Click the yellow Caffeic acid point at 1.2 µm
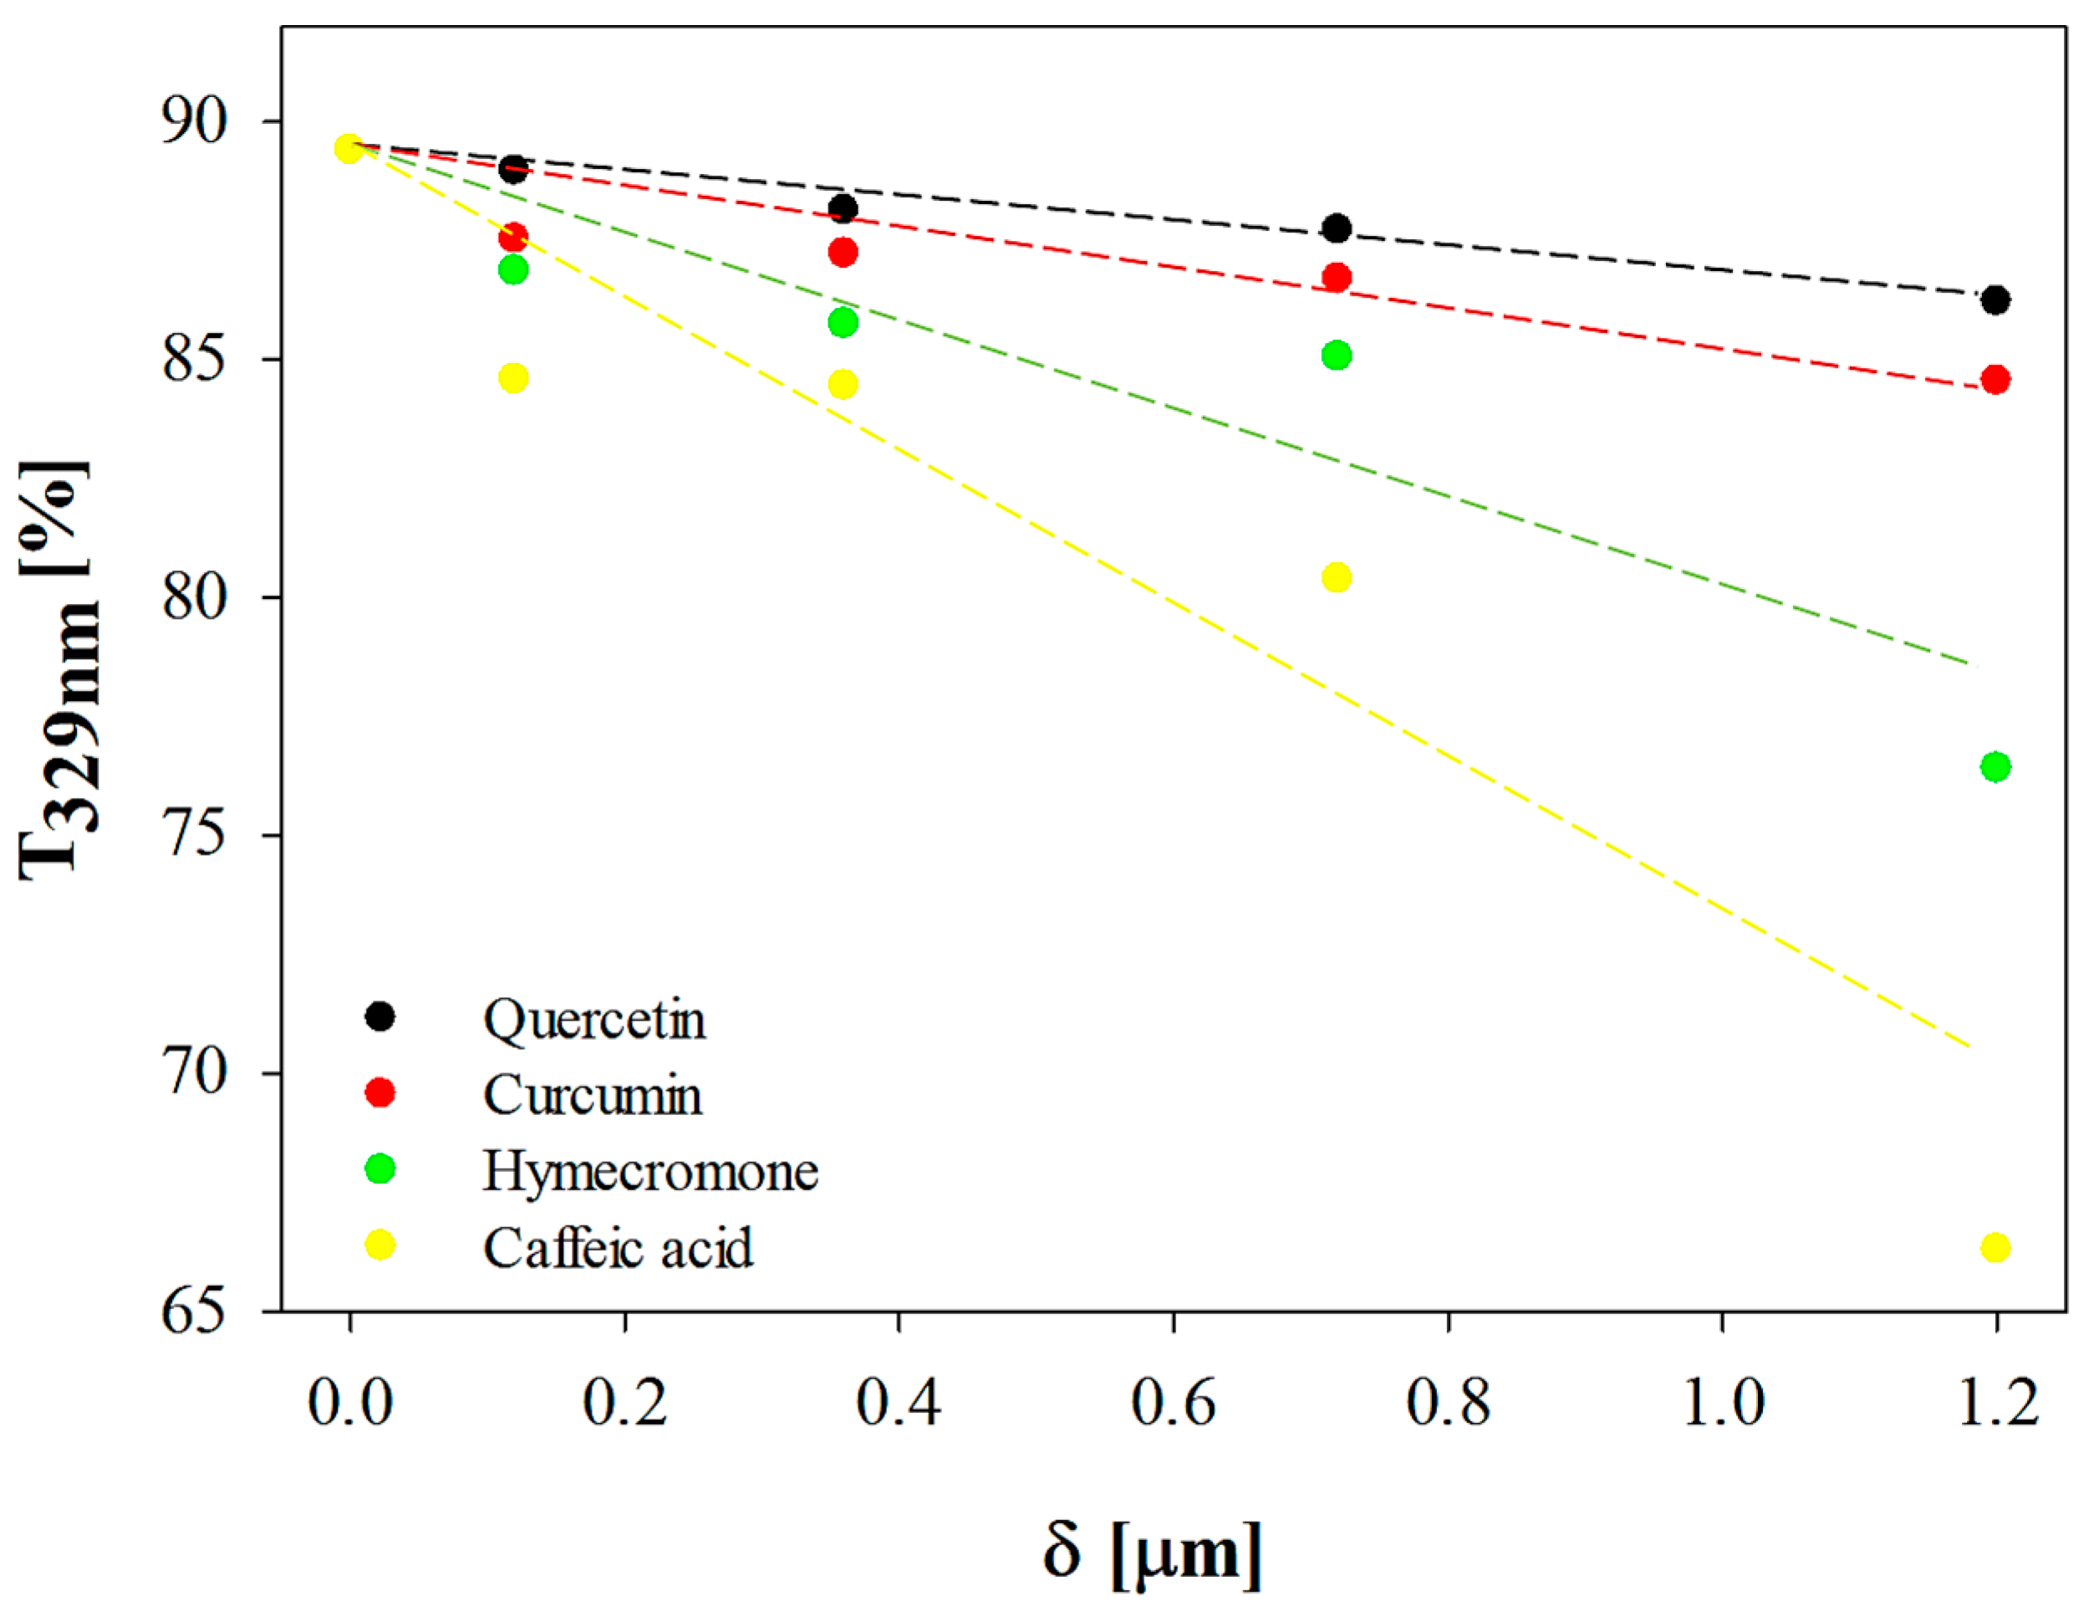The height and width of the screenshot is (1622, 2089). (x=1995, y=1248)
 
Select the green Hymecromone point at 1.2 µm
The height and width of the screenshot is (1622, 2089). (x=1995, y=766)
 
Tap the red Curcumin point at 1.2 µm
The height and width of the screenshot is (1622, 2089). (x=1995, y=380)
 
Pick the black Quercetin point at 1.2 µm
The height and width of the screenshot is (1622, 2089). (x=1995, y=300)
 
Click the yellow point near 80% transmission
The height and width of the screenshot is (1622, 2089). (x=1336, y=577)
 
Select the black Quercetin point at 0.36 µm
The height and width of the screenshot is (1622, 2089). (x=843, y=208)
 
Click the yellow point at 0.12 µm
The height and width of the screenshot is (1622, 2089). (x=513, y=378)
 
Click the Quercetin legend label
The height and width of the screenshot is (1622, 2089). (x=594, y=1019)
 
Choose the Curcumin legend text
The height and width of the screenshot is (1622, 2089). (x=592, y=1095)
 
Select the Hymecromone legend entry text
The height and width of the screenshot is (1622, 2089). (x=650, y=1171)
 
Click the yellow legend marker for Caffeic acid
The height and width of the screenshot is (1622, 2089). (x=380, y=1245)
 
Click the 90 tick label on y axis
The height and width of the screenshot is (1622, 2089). (x=195, y=120)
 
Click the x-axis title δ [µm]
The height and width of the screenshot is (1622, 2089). (x=1152, y=1551)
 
